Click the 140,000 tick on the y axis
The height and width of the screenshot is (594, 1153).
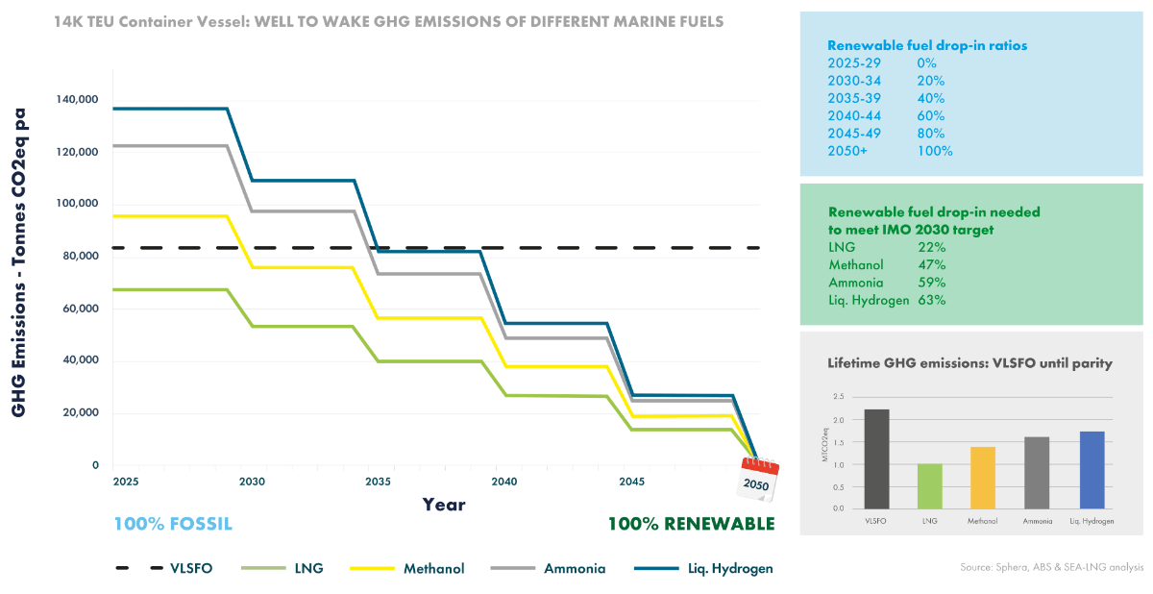click(x=78, y=100)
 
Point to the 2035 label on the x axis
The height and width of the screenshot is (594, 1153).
click(x=377, y=481)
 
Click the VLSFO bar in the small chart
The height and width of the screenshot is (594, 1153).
click(x=876, y=458)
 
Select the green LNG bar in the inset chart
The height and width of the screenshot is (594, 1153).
click(x=930, y=485)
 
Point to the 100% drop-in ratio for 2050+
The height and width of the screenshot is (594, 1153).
click(x=935, y=151)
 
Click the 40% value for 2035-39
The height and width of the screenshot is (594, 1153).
click(x=930, y=98)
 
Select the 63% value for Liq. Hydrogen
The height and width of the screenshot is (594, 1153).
click(x=932, y=300)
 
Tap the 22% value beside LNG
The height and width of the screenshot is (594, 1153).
click(x=932, y=247)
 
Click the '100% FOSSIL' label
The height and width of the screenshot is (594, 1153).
click(x=173, y=524)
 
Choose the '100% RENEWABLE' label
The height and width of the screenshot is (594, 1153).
click(x=690, y=524)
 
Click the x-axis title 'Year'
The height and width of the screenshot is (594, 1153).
click(x=444, y=505)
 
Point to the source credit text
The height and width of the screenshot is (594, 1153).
click(x=1051, y=567)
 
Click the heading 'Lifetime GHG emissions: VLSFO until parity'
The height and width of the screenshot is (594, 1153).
click(x=969, y=363)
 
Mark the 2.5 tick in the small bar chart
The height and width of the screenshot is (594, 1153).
click(x=839, y=396)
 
